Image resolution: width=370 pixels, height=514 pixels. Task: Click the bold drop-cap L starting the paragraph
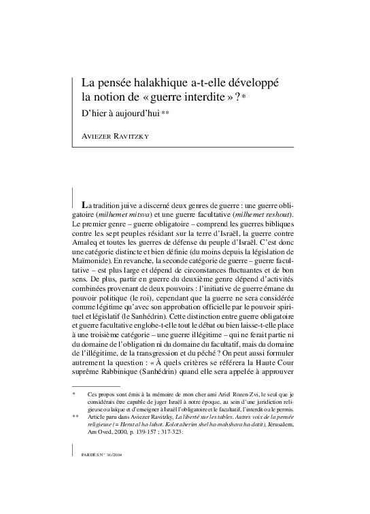coord(84,205)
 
